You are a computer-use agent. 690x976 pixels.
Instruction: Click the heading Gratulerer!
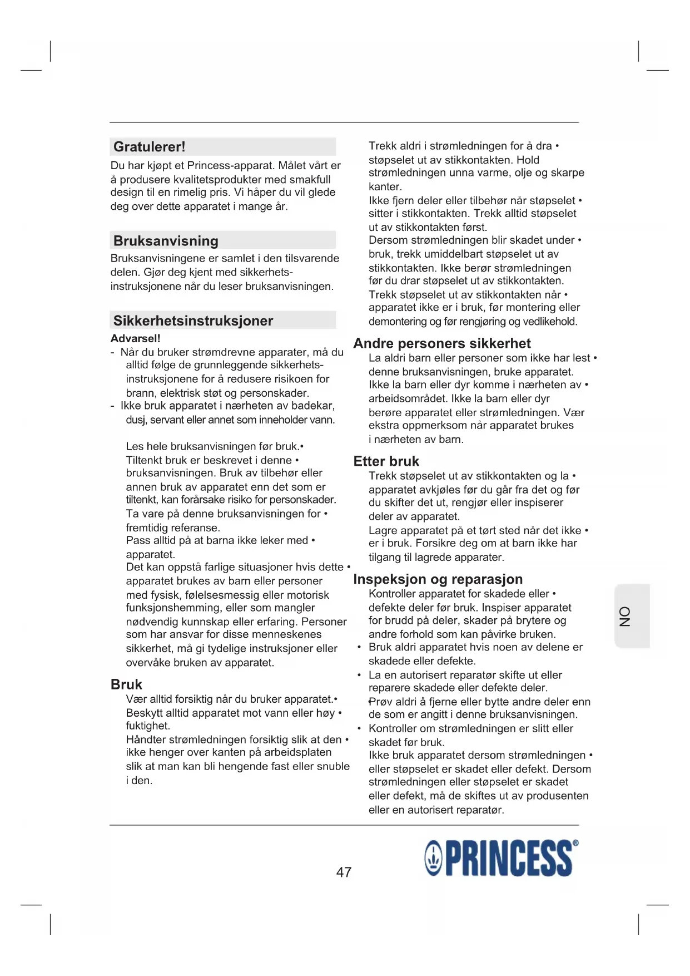pyautogui.click(x=149, y=147)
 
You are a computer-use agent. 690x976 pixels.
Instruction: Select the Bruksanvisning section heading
pyautogui.click(x=166, y=241)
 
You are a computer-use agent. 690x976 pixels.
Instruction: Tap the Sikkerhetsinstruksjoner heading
pyautogui.click(x=193, y=321)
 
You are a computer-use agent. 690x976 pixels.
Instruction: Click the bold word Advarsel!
pyautogui.click(x=135, y=338)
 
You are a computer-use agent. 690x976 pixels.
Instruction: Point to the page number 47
pyautogui.click(x=344, y=872)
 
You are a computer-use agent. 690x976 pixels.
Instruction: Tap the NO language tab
pyautogui.click(x=626, y=616)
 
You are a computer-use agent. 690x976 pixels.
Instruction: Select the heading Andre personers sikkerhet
pyautogui.click(x=442, y=343)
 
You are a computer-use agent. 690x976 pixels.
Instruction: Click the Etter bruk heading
pyautogui.click(x=386, y=461)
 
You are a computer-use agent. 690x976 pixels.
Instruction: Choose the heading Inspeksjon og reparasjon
pyautogui.click(x=438, y=579)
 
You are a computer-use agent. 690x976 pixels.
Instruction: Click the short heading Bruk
pyautogui.click(x=126, y=684)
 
